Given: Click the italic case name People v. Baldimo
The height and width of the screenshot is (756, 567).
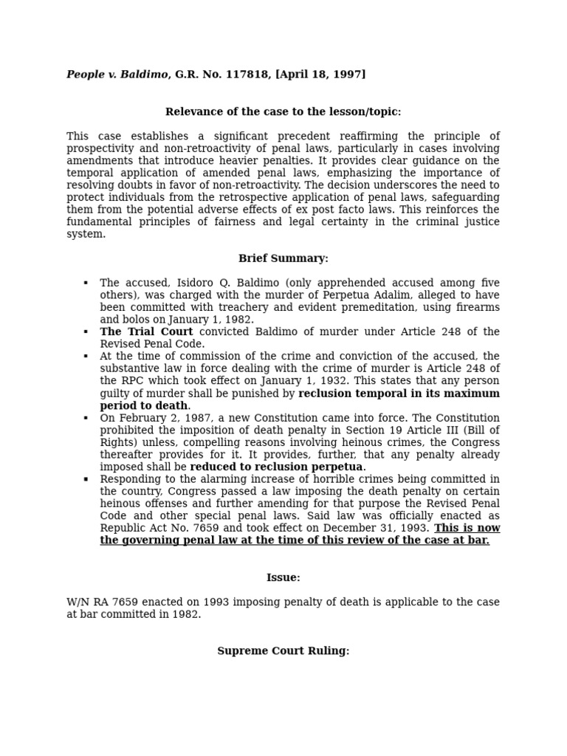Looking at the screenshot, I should click(117, 75).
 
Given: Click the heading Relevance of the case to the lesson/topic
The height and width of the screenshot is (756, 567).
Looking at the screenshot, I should click(283, 112).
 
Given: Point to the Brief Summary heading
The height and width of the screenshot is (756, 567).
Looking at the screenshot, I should click(283, 258).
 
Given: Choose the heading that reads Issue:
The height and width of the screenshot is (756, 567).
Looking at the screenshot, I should click(283, 578).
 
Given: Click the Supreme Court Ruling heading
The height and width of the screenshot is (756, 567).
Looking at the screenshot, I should click(283, 651).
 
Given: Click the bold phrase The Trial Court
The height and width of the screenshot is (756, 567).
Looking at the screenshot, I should click(146, 332).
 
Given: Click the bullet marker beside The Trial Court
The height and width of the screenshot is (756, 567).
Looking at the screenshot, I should click(86, 332).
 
